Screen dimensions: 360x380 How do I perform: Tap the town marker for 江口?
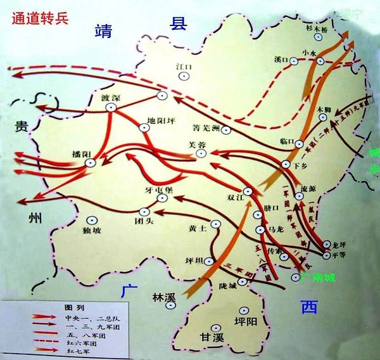(184, 76)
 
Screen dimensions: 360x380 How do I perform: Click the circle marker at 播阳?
(91, 163)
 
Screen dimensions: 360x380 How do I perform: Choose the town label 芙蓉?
(197, 144)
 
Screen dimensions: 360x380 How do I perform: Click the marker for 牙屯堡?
(162, 198)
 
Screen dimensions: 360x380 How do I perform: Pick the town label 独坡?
(92, 231)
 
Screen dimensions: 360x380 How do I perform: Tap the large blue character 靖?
(103, 31)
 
